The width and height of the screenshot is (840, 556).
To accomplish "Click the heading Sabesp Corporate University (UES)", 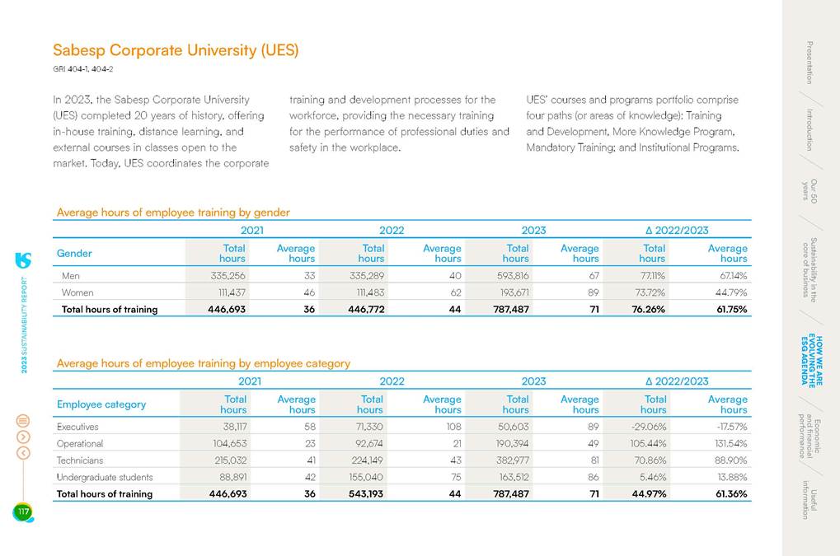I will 176,50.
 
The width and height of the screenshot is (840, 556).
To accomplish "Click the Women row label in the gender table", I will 77,292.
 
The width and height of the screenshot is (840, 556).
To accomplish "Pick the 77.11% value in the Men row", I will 652,276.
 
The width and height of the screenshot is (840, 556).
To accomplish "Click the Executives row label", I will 77,427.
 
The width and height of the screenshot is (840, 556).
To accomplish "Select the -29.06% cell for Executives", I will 650,427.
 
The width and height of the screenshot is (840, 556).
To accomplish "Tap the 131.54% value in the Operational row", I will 728,444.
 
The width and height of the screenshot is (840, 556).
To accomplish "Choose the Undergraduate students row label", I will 105,477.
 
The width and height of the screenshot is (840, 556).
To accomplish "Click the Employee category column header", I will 101,404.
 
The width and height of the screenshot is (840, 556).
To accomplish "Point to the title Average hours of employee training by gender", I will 173,213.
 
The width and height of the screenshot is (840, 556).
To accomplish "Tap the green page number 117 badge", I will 23,512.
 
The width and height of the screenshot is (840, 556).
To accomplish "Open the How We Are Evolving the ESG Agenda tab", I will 812,358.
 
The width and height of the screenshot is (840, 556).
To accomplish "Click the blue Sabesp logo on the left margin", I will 23,259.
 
